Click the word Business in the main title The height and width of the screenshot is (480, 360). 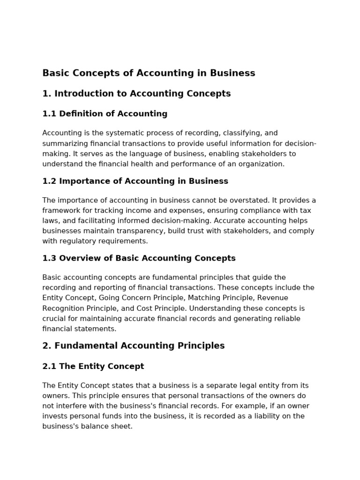coord(233,73)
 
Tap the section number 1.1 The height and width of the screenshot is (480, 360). coord(49,114)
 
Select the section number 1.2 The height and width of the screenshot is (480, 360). coord(49,181)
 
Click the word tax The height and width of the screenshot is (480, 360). coord(305,211)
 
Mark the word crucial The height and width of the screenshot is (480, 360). coord(55,319)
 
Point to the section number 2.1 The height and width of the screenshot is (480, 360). coord(49,367)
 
